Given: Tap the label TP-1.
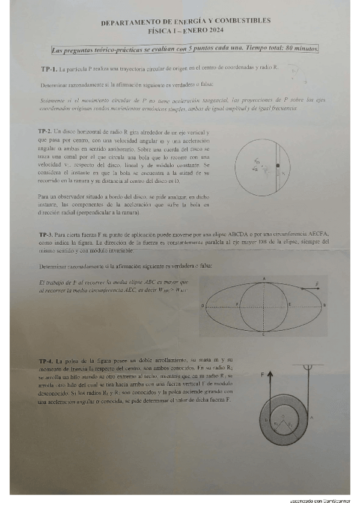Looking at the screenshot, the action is tap(49, 69).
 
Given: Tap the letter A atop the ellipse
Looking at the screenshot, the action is tap(264, 277).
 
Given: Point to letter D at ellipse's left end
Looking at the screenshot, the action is tap(203, 306).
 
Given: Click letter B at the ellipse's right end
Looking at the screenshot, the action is tap(325, 306).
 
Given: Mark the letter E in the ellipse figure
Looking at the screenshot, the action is tap(290, 305).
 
